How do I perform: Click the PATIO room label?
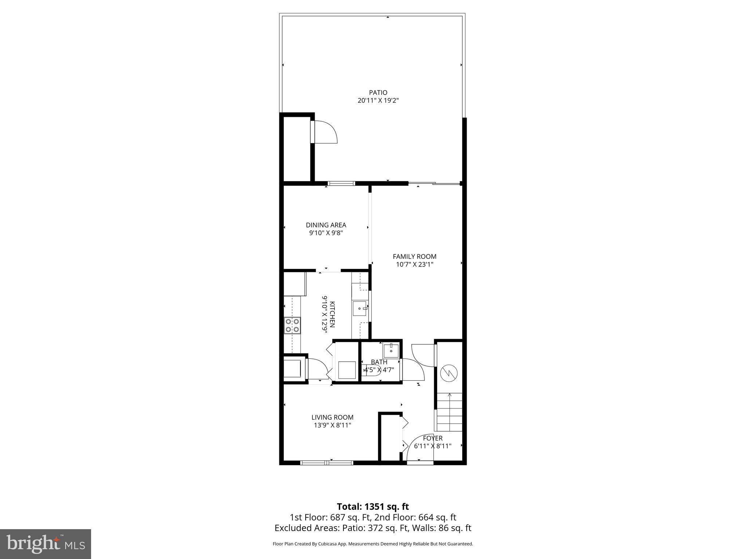[x=378, y=93]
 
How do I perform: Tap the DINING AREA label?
[x=326, y=225]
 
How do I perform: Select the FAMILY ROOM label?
[x=415, y=257]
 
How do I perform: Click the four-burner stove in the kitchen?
[x=292, y=325]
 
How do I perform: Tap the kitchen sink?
[x=361, y=308]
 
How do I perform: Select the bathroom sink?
[x=391, y=350]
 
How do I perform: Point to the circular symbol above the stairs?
[x=449, y=373]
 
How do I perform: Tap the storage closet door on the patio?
[x=325, y=132]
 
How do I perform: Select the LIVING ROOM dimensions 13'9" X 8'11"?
[x=332, y=425]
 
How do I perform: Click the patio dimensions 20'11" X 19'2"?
[x=378, y=101]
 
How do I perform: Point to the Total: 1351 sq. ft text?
[x=373, y=507]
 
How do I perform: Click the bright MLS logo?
[x=46, y=544]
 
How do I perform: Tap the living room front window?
[x=327, y=463]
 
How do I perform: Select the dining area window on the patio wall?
[x=341, y=183]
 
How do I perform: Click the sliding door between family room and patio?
[x=434, y=183]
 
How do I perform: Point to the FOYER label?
[x=433, y=438]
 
